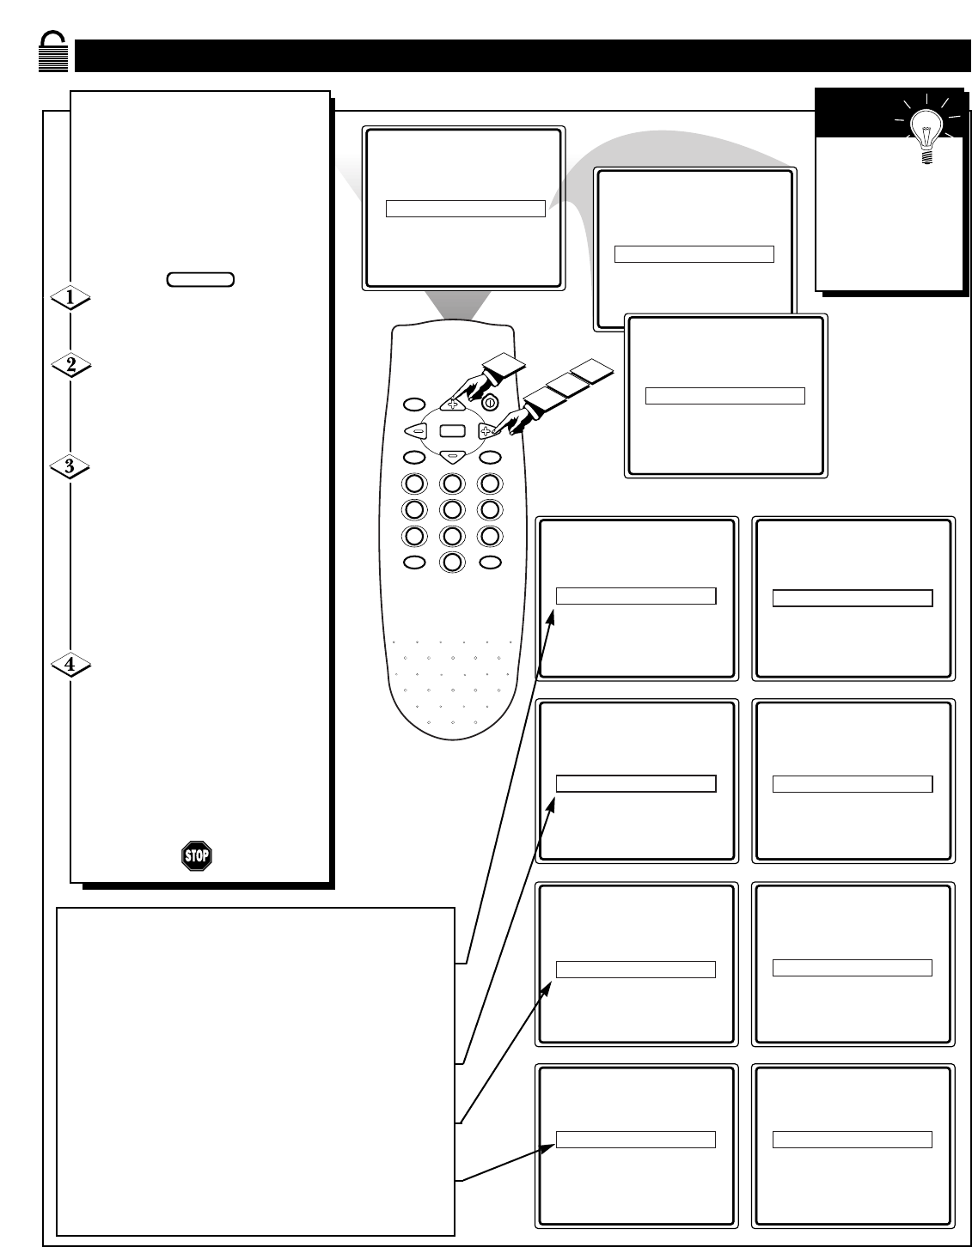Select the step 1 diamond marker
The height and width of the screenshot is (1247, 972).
[70, 297]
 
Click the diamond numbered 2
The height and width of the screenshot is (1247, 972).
[70, 364]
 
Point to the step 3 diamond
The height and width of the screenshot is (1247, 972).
[70, 466]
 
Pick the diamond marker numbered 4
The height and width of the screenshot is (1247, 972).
[70, 665]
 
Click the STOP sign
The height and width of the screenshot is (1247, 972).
[196, 856]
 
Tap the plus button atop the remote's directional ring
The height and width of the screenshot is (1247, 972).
[452, 404]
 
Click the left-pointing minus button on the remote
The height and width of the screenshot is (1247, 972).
[416, 430]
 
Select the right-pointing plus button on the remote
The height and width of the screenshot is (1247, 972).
[486, 430]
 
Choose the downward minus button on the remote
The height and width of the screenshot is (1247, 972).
[452, 457]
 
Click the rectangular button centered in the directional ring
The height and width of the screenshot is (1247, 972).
[452, 430]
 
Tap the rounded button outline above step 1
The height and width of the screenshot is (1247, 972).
[200, 279]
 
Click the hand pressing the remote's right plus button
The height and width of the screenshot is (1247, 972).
[514, 419]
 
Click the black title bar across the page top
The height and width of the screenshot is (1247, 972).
[523, 56]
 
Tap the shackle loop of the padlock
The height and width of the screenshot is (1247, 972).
[52, 39]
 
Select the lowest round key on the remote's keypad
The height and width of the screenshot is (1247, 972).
[452, 562]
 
